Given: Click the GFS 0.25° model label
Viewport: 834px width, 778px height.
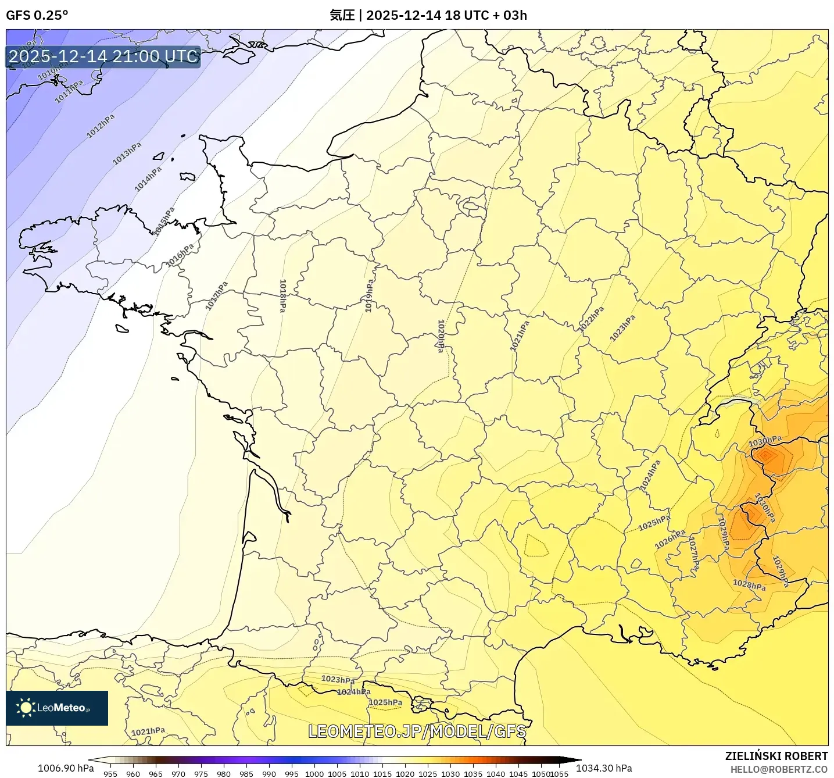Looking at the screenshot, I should click(37, 15).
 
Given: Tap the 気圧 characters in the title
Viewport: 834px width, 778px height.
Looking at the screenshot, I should click(342, 15).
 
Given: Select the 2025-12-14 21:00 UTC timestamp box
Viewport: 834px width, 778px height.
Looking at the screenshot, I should click(103, 56).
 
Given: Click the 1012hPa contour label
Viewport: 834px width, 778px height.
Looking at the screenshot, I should click(101, 126).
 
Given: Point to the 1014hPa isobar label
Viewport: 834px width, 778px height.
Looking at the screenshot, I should click(148, 179).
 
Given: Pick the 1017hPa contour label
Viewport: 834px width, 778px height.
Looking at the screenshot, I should click(216, 296).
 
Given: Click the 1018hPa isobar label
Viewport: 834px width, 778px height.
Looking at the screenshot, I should click(282, 296).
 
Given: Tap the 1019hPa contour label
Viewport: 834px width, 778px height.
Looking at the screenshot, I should click(368, 296).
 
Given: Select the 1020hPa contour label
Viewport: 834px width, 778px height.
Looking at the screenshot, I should click(441, 336).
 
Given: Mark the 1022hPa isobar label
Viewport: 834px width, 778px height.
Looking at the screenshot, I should click(591, 319).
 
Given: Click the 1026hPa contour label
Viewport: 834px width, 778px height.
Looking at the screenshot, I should click(670, 540).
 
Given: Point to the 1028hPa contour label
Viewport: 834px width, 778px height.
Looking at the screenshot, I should click(749, 585).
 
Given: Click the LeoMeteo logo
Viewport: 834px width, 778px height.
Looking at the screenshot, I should click(57, 708).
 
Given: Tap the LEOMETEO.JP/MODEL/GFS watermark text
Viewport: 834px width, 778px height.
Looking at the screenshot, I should click(417, 731).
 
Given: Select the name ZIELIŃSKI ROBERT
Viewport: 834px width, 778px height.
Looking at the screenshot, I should click(776, 756).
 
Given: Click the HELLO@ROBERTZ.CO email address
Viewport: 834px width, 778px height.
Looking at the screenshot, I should click(779, 769).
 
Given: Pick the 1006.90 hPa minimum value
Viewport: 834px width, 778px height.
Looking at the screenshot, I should click(66, 768).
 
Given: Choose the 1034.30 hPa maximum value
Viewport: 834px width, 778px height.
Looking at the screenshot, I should click(604, 768).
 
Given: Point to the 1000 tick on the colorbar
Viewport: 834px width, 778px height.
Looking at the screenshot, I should click(314, 773).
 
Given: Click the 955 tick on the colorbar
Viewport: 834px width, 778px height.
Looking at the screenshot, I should click(110, 773).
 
